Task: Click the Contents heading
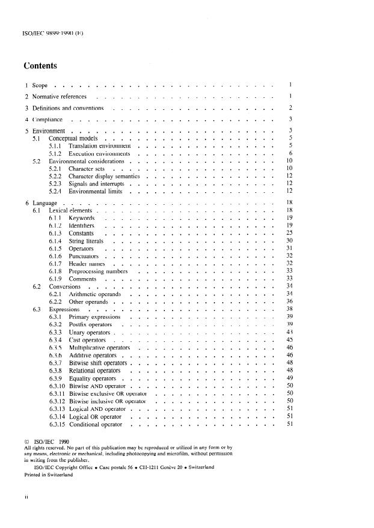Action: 40,65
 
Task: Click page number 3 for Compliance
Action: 290,120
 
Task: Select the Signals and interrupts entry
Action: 96,184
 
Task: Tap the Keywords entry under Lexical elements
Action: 81,218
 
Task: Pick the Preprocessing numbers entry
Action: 97,272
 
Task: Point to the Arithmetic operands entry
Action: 95,294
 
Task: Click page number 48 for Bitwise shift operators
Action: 289,363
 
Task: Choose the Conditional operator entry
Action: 96,425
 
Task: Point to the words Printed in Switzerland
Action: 48,474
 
